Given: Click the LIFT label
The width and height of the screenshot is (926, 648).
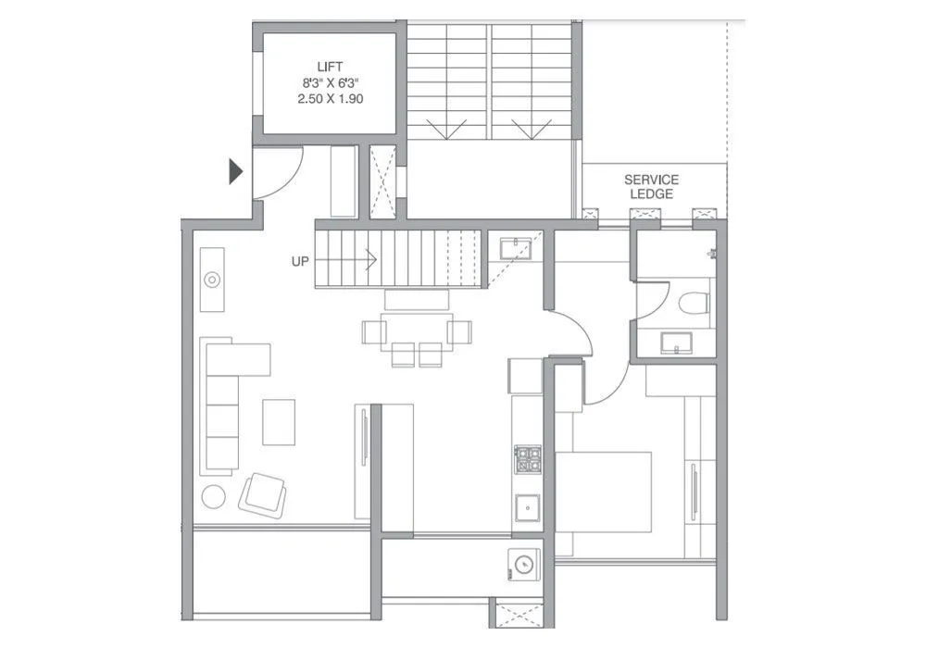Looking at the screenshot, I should coord(330,66).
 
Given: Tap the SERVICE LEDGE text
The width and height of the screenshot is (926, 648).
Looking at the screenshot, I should coord(651,186).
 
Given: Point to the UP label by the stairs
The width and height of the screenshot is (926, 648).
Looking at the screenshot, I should coord(299,261).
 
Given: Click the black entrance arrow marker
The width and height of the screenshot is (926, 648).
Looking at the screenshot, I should coord(236,170).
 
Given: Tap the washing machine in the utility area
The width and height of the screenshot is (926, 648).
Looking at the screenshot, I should coord(524,564).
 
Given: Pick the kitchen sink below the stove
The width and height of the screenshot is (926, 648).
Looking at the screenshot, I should coord(527,508).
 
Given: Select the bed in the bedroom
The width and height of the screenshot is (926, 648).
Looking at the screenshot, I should coord(603,505).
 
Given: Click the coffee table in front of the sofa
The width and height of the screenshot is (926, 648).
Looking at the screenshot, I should coord(279,421).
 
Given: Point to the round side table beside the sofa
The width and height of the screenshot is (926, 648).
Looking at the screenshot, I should coord(214,495).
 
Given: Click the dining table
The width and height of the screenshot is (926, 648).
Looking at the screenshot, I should coord(417,330).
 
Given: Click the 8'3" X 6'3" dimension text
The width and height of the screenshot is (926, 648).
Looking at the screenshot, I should coord(330,82).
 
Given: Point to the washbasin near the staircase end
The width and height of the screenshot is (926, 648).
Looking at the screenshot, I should coord(513,247).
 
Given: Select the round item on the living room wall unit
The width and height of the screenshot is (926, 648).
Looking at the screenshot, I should coord(212,279).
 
